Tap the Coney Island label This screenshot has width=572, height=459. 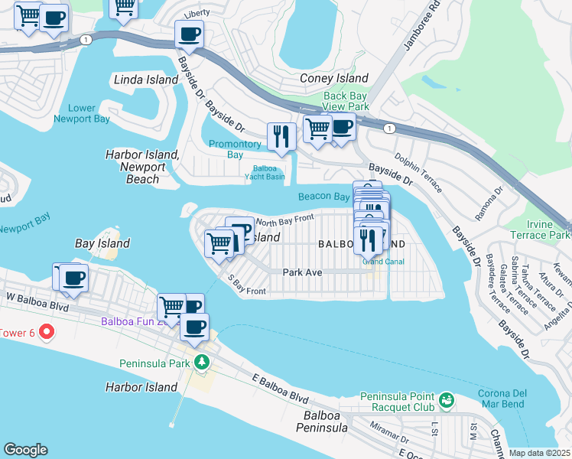pyautogui.click(x=334, y=78)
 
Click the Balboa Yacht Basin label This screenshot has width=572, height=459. pyautogui.click(x=268, y=172)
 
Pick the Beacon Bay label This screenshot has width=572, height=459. pyautogui.click(x=323, y=197)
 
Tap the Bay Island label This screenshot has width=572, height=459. pyautogui.click(x=102, y=243)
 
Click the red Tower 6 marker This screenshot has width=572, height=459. pyautogui.click(x=46, y=332)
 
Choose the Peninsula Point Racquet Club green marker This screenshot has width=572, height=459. pyautogui.click(x=447, y=399)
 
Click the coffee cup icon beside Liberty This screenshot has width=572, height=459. pyautogui.click(x=189, y=34)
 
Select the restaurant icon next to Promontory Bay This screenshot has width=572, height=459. pyautogui.click(x=281, y=135)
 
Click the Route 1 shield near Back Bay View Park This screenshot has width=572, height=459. pyautogui.click(x=390, y=127)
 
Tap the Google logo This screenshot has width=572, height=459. pyautogui.click(x=25, y=450)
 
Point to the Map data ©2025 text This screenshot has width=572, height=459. pyautogui.click(x=539, y=453)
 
